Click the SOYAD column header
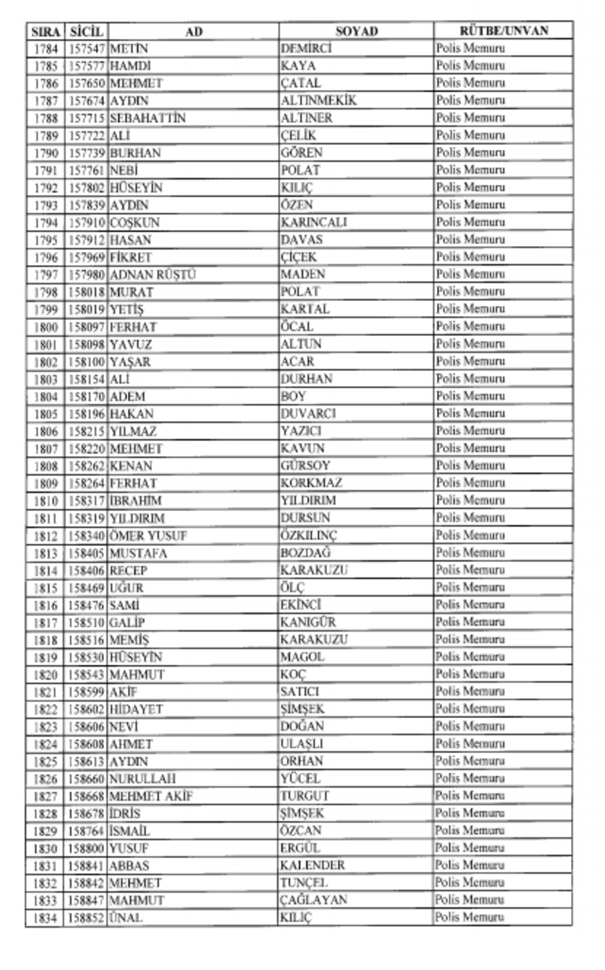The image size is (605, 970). click(356, 32)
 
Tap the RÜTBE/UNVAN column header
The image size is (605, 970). click(504, 32)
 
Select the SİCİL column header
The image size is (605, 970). click(86, 32)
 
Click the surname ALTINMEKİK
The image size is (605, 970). click(318, 101)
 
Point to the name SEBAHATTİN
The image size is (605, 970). click(147, 118)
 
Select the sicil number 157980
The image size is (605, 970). click(86, 274)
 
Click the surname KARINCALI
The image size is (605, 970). click(314, 222)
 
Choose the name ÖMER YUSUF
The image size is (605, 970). click(148, 535)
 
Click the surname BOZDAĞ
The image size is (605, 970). click(309, 553)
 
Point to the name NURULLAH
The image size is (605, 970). click(143, 779)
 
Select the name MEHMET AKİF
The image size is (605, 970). click(151, 796)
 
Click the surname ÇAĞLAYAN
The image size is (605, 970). click(314, 900)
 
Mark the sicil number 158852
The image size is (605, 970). click(86, 918)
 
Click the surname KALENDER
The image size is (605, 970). click(312, 865)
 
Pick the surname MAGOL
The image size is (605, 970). click(302, 657)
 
